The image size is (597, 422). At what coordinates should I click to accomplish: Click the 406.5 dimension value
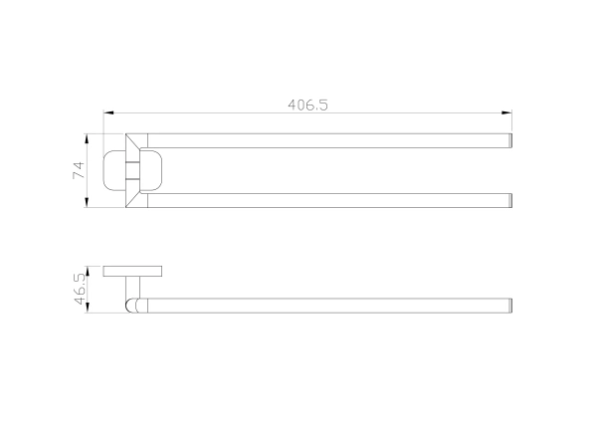pyautogui.click(x=307, y=105)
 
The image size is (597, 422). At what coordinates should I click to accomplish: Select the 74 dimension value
pyautogui.click(x=79, y=170)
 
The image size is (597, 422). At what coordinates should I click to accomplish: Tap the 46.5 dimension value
pyautogui.click(x=80, y=289)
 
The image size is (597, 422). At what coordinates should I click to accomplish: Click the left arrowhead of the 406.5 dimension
pyautogui.click(x=108, y=112)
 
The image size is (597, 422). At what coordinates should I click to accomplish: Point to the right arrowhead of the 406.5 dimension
pyautogui.click(x=506, y=112)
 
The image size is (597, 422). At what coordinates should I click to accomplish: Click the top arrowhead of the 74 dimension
pyautogui.click(x=87, y=138)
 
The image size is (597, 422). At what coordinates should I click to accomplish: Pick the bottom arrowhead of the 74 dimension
pyautogui.click(x=87, y=202)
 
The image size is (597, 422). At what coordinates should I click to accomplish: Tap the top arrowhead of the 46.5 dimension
pyautogui.click(x=88, y=271)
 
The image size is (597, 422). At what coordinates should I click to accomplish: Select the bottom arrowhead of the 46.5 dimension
pyautogui.click(x=88, y=308)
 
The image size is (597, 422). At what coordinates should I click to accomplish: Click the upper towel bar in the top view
pyautogui.click(x=329, y=140)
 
